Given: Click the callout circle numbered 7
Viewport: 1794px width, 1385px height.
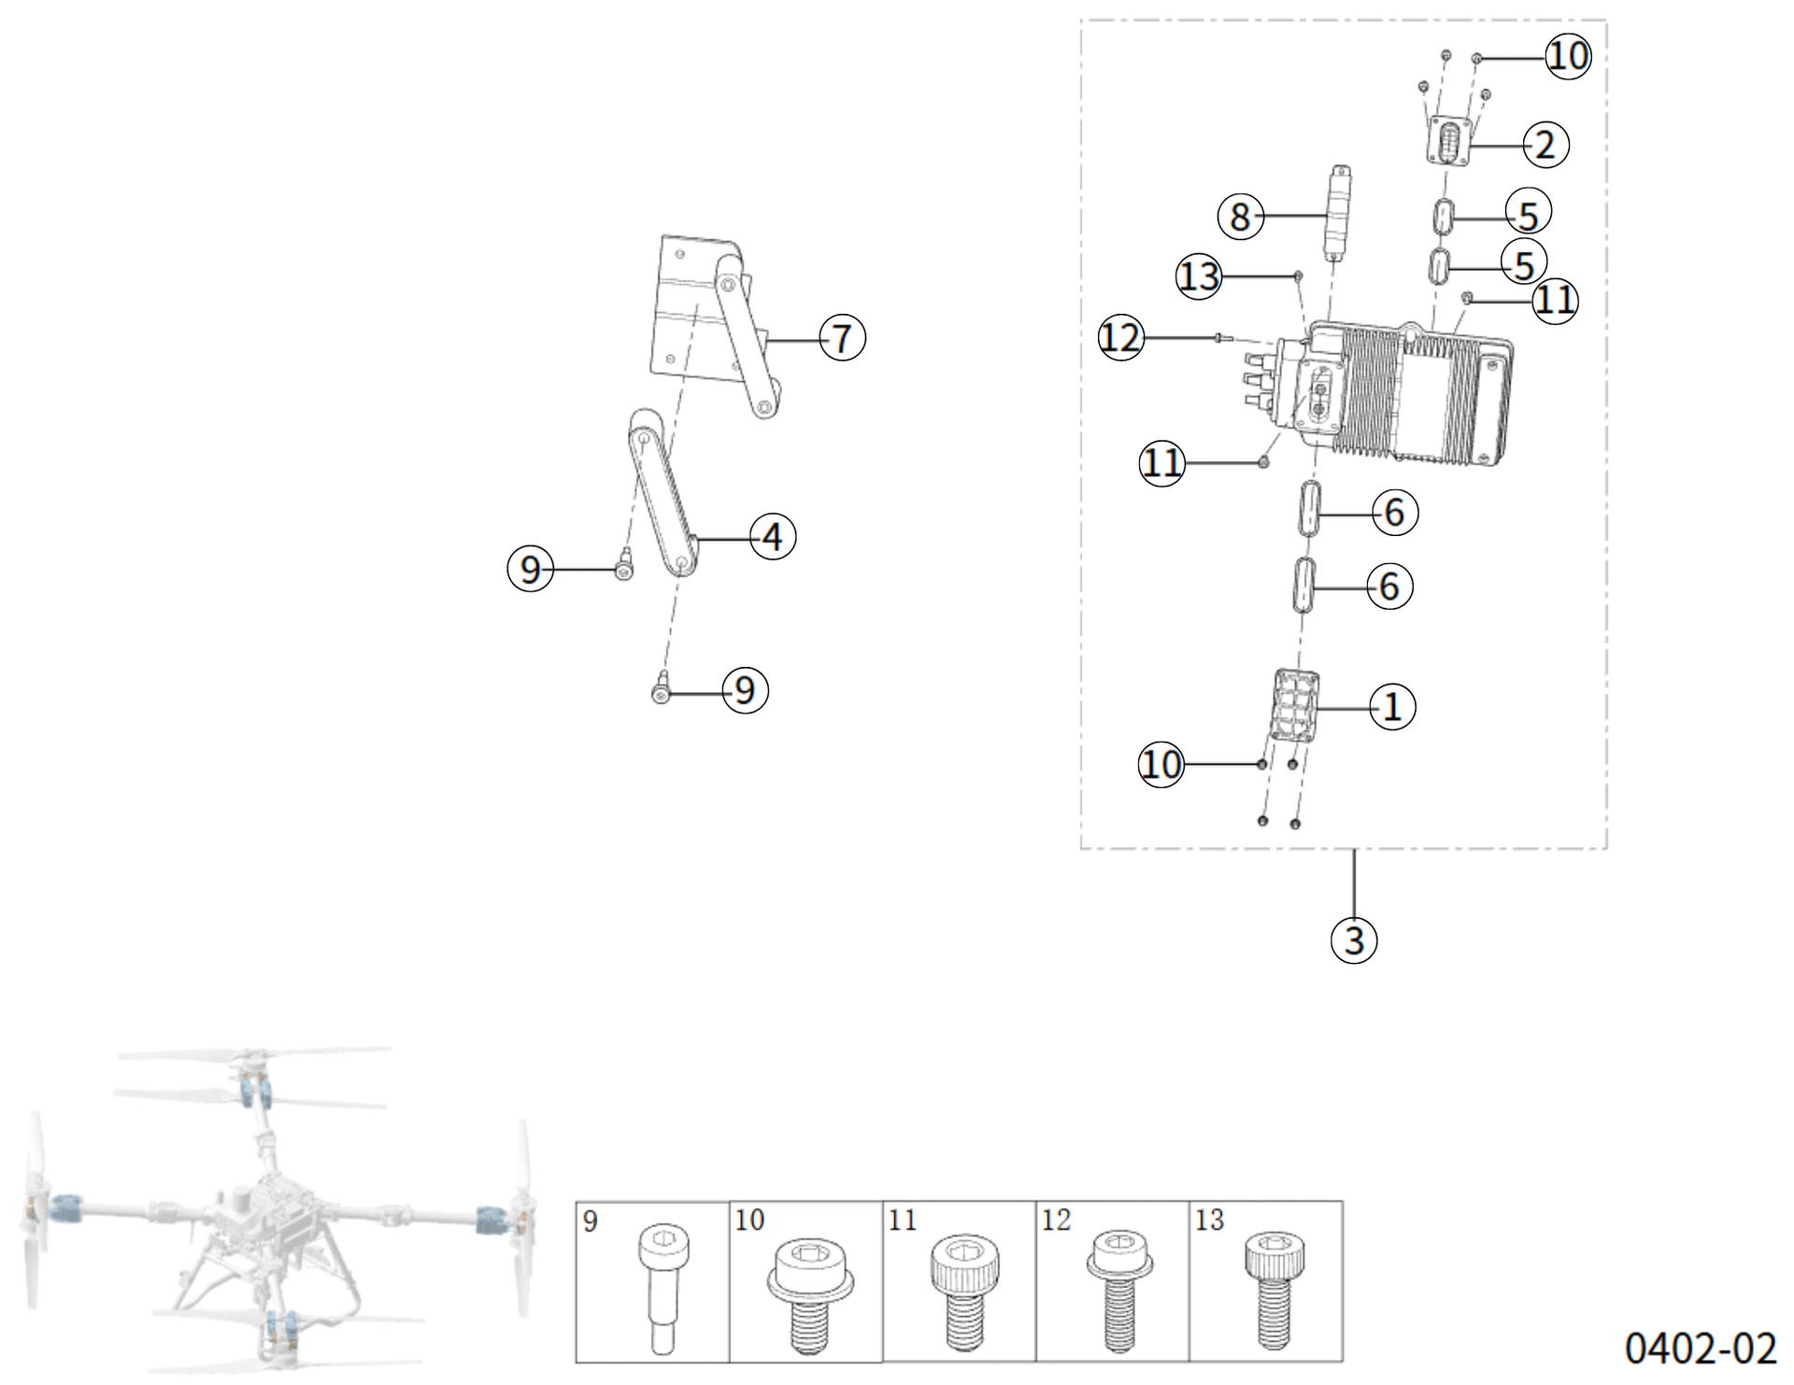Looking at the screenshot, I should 842,338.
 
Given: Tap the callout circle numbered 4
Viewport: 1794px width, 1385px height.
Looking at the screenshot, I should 773,537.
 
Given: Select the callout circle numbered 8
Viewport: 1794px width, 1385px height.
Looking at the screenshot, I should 1240,217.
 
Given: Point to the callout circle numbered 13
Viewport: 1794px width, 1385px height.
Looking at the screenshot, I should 1199,276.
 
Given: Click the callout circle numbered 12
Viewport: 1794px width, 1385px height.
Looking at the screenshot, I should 1120,337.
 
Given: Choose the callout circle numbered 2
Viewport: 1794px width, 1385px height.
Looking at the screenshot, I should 1545,145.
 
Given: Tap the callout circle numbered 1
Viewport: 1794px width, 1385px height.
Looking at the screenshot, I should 1392,706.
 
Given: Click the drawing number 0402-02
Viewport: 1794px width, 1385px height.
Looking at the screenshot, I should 1700,1349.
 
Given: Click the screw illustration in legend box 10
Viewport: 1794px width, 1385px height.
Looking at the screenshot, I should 809,1293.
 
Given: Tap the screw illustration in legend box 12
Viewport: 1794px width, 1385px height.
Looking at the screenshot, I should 1120,1290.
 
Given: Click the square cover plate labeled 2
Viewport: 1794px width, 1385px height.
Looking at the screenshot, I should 1449,141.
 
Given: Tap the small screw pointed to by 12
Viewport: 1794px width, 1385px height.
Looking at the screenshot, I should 1219,338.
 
